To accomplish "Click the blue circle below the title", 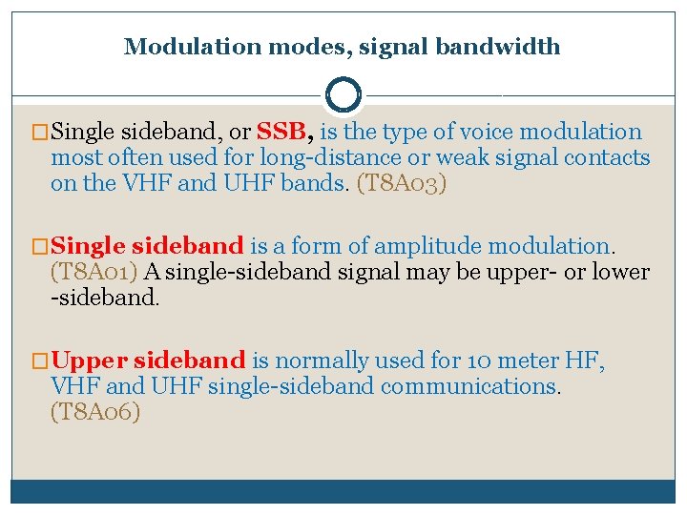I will tap(343, 94).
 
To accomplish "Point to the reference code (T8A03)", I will tap(401, 183).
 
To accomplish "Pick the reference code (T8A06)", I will tap(95, 412).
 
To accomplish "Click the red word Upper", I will tap(90, 360).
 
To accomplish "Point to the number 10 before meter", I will tap(480, 360).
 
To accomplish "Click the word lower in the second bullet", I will tap(620, 272).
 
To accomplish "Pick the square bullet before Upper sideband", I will tap(40, 361).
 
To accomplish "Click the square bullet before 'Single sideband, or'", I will tap(40, 133).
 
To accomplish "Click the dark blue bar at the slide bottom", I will tap(343, 491).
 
